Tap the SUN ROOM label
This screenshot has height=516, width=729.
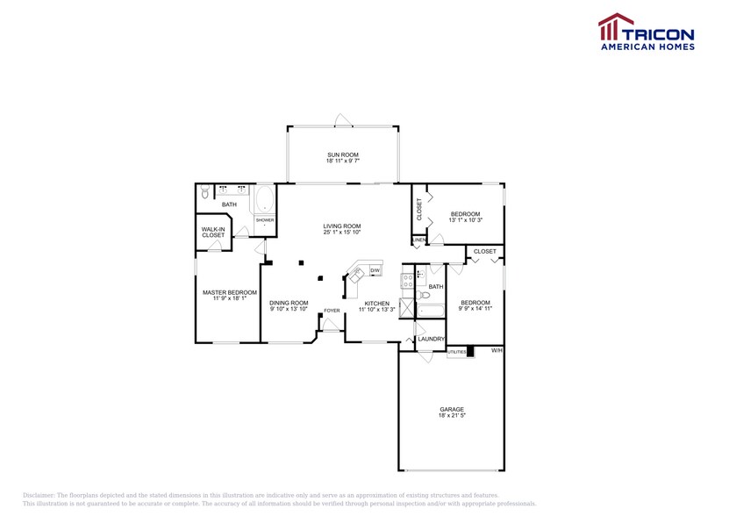tap(342, 155)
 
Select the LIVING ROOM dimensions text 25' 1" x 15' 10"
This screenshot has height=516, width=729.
tap(342, 233)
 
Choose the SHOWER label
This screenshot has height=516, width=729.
tap(265, 220)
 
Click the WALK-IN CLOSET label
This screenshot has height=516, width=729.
tap(213, 233)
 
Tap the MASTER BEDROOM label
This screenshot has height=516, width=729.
tap(230, 292)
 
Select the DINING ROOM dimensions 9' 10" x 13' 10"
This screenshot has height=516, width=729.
tap(289, 309)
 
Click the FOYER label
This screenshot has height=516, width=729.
tap(332, 311)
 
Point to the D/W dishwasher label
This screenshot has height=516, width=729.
tap(375, 271)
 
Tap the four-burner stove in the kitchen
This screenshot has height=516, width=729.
tap(408, 281)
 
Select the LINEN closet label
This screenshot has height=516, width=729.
tap(418, 240)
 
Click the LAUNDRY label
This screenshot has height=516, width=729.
tap(431, 339)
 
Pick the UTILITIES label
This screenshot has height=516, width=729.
tap(457, 352)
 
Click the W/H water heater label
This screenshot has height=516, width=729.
tap(497, 351)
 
